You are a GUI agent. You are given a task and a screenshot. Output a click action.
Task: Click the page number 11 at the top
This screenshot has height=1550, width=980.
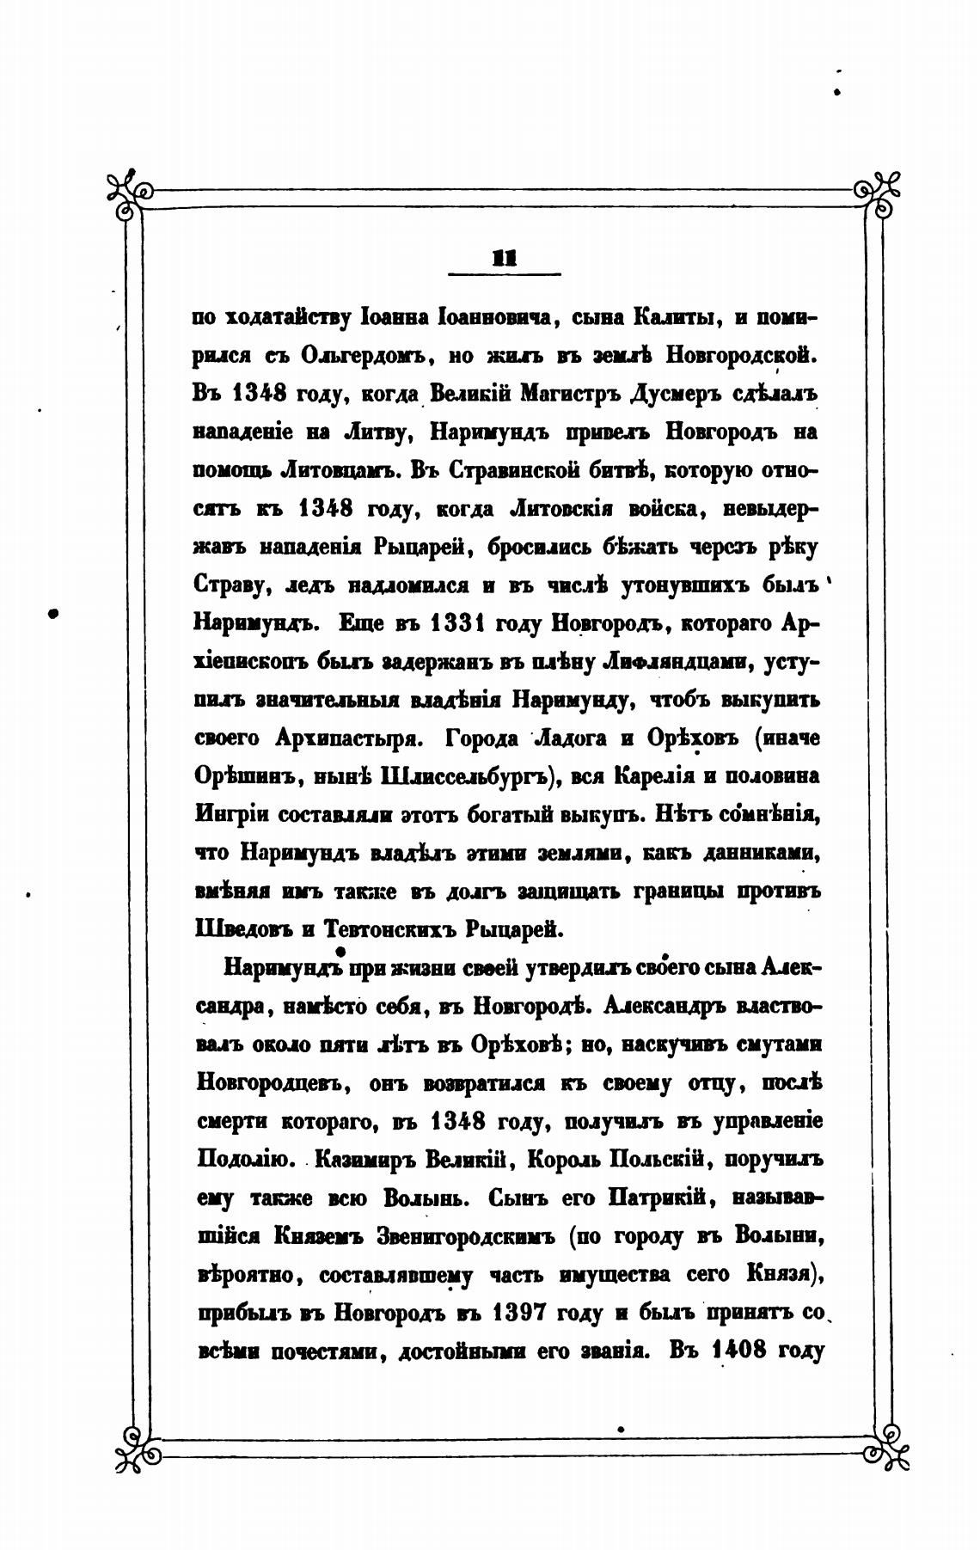click(504, 257)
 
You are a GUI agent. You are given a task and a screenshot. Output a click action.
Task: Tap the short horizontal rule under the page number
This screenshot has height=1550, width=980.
click(504, 274)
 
